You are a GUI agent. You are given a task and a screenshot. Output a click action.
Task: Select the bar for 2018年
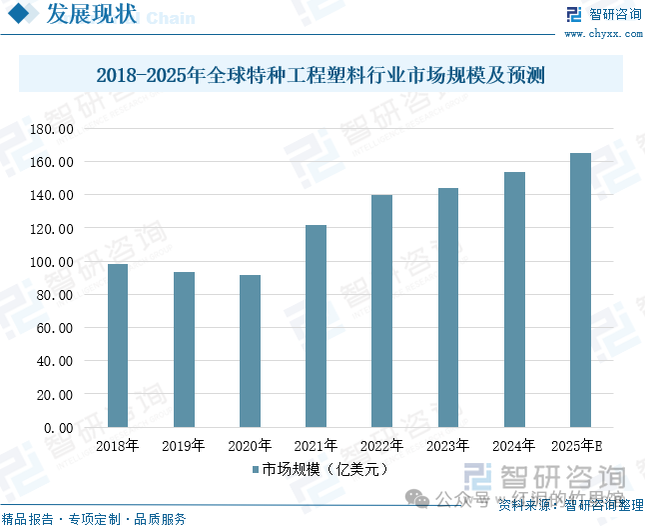pyautogui.click(x=118, y=345)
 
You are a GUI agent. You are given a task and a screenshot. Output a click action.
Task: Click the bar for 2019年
pyautogui.click(x=184, y=349)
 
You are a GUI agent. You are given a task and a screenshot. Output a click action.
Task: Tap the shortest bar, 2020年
pyautogui.click(x=250, y=351)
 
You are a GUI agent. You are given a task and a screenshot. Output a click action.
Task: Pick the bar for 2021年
pyautogui.click(x=316, y=326)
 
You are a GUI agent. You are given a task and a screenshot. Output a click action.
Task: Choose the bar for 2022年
pyautogui.click(x=381, y=311)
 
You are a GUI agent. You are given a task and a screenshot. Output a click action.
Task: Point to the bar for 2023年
pyautogui.click(x=447, y=307)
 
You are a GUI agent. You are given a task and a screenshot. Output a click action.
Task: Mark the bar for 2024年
pyautogui.click(x=514, y=299)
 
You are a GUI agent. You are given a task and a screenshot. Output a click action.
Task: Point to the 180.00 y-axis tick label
pyautogui.click(x=52, y=129)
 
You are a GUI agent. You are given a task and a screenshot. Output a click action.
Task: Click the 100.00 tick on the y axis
pyautogui.click(x=52, y=262)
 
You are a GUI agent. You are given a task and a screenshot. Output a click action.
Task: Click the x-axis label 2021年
pyautogui.click(x=316, y=446)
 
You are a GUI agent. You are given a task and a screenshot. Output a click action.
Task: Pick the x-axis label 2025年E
pyautogui.click(x=580, y=446)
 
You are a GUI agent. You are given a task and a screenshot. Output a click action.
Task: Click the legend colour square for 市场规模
pyautogui.click(x=256, y=468)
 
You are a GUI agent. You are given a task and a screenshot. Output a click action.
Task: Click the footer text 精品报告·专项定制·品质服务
pyautogui.click(x=94, y=518)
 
